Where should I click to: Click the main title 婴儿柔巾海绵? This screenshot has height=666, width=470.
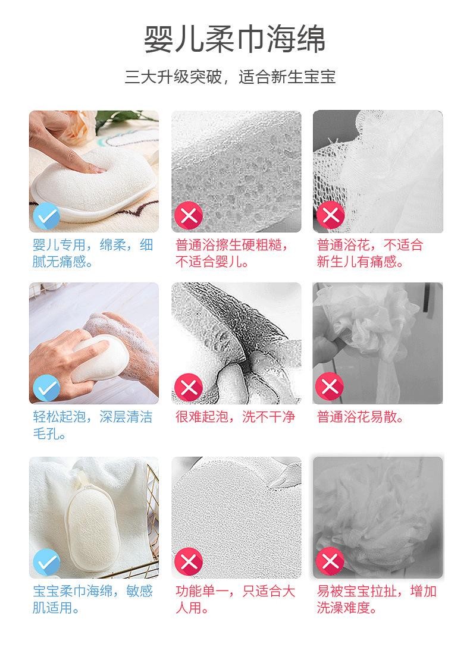[x=234, y=39]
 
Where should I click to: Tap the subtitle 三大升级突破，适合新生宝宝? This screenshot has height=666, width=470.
[x=230, y=77]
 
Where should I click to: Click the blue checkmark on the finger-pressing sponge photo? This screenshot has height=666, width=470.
[x=47, y=216]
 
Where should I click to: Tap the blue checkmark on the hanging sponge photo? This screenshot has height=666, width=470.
[x=47, y=562]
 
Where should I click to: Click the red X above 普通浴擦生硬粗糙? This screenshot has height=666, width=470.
[x=189, y=215]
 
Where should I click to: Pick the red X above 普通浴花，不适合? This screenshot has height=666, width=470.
[x=330, y=215]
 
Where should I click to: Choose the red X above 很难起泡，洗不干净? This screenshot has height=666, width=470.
[x=189, y=387]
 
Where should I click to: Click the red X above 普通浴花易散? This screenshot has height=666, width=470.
[x=330, y=387]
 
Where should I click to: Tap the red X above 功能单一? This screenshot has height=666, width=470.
[x=189, y=562]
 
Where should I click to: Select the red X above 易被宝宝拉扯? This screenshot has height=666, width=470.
[x=330, y=561]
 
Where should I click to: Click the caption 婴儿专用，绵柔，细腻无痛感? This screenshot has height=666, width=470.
[x=93, y=253]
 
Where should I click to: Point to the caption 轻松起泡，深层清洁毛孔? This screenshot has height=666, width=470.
[x=93, y=425]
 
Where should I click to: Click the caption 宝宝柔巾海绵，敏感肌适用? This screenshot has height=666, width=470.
[x=93, y=599]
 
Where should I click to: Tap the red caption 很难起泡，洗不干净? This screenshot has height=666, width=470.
[x=235, y=417]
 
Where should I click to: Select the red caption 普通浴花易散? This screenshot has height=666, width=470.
[x=361, y=417]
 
